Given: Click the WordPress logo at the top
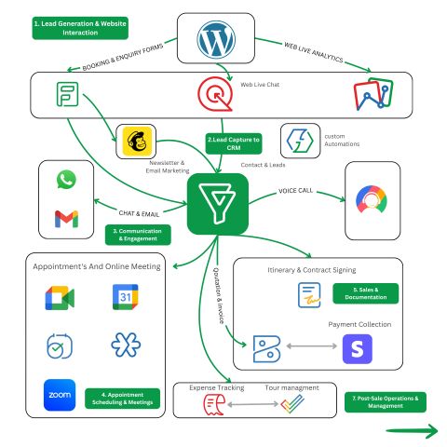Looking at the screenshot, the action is coord(216,39).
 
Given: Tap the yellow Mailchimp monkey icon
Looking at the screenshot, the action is coord(137,141).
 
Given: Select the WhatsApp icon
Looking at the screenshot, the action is coord(66,179).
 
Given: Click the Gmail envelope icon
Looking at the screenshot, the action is coord(66,219).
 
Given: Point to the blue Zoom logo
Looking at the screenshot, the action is coord(60,395).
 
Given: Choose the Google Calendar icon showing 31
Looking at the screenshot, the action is coord(125,297).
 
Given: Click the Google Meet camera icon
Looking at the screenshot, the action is coord(60,298).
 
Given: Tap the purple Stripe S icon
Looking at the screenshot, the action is coord(358,349).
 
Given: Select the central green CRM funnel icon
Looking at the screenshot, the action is coord(218,204).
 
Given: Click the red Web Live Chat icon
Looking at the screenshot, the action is coord(215,94).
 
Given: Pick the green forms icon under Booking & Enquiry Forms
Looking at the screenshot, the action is coord(67,94).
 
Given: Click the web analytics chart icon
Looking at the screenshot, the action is coord(373,94).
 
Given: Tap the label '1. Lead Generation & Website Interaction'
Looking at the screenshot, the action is coord(80,28).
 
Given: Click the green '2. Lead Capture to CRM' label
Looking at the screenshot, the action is coord(234,143).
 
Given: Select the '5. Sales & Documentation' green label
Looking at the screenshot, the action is coord(366,293).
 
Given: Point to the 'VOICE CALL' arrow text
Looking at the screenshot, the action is coord(295,191).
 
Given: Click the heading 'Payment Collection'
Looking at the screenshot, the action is coord(359,324).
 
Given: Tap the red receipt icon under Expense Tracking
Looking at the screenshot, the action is coord(214,404).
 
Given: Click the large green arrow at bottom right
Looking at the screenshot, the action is coord(412,431).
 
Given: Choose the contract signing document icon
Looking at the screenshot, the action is coord(309,295).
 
